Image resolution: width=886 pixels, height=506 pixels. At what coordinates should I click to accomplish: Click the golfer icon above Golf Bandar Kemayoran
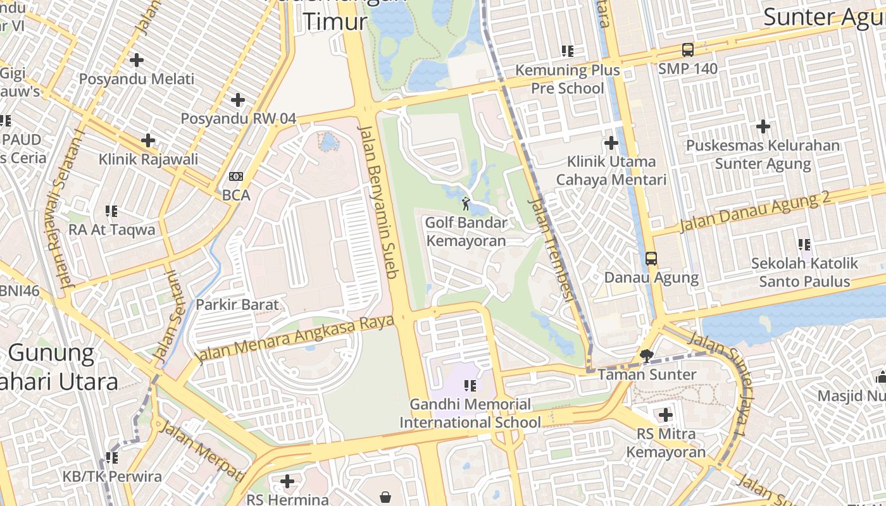tap(466, 204)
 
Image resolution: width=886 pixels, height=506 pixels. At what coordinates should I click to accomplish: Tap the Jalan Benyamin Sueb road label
tap(378, 201)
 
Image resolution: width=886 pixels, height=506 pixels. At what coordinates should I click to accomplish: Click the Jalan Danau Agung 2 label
tap(754, 211)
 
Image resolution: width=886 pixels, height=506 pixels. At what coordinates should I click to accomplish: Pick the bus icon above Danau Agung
tap(651, 259)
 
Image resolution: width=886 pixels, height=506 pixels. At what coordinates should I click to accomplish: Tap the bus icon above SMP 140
tap(687, 49)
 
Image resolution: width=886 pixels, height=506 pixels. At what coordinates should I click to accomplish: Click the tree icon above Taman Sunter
tap(647, 355)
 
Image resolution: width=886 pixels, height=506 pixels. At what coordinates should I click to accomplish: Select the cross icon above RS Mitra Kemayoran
tap(665, 415)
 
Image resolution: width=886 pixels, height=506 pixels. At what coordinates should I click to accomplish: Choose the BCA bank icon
tap(236, 177)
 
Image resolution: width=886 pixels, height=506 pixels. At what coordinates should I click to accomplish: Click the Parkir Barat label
tap(237, 304)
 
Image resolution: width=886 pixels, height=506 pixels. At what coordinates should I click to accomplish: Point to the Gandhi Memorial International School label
tap(470, 413)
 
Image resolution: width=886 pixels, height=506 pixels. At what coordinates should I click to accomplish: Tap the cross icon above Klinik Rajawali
tap(148, 140)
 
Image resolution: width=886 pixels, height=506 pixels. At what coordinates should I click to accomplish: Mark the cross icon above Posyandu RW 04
tap(238, 100)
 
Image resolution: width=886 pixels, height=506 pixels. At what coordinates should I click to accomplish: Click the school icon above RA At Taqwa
tap(111, 211)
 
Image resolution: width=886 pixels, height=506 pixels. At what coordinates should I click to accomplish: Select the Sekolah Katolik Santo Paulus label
tap(804, 272)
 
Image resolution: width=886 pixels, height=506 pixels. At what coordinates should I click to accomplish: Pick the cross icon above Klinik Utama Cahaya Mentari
tap(611, 143)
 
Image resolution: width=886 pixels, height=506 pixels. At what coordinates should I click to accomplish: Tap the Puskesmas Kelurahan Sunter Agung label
tap(763, 154)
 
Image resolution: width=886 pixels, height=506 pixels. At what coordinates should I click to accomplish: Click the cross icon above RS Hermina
tap(287, 481)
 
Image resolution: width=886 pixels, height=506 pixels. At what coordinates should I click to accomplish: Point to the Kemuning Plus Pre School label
tap(567, 79)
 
